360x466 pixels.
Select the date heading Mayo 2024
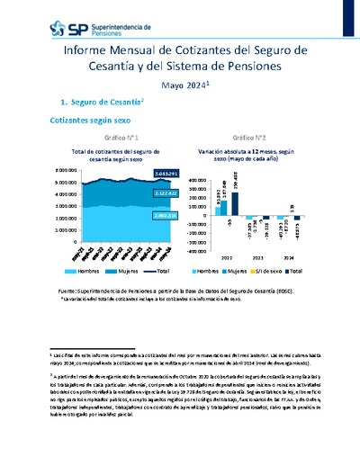click(183, 85)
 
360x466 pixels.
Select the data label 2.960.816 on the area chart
click(142, 217)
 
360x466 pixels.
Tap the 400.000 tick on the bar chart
click(201, 169)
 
